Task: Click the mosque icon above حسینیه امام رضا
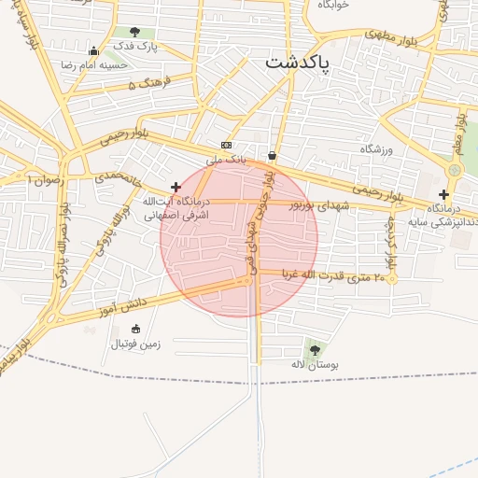[x=93, y=51]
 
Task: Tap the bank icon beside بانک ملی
[x=226, y=146]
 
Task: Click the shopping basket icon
[x=272, y=156]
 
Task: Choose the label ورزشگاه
[x=378, y=149]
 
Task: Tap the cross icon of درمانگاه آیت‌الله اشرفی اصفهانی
[x=176, y=188]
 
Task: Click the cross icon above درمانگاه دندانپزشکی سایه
[x=443, y=194]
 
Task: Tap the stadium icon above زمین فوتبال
[x=136, y=329]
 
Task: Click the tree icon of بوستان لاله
[x=313, y=349]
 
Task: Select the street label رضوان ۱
[x=45, y=177]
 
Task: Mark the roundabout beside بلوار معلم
[x=455, y=170]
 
